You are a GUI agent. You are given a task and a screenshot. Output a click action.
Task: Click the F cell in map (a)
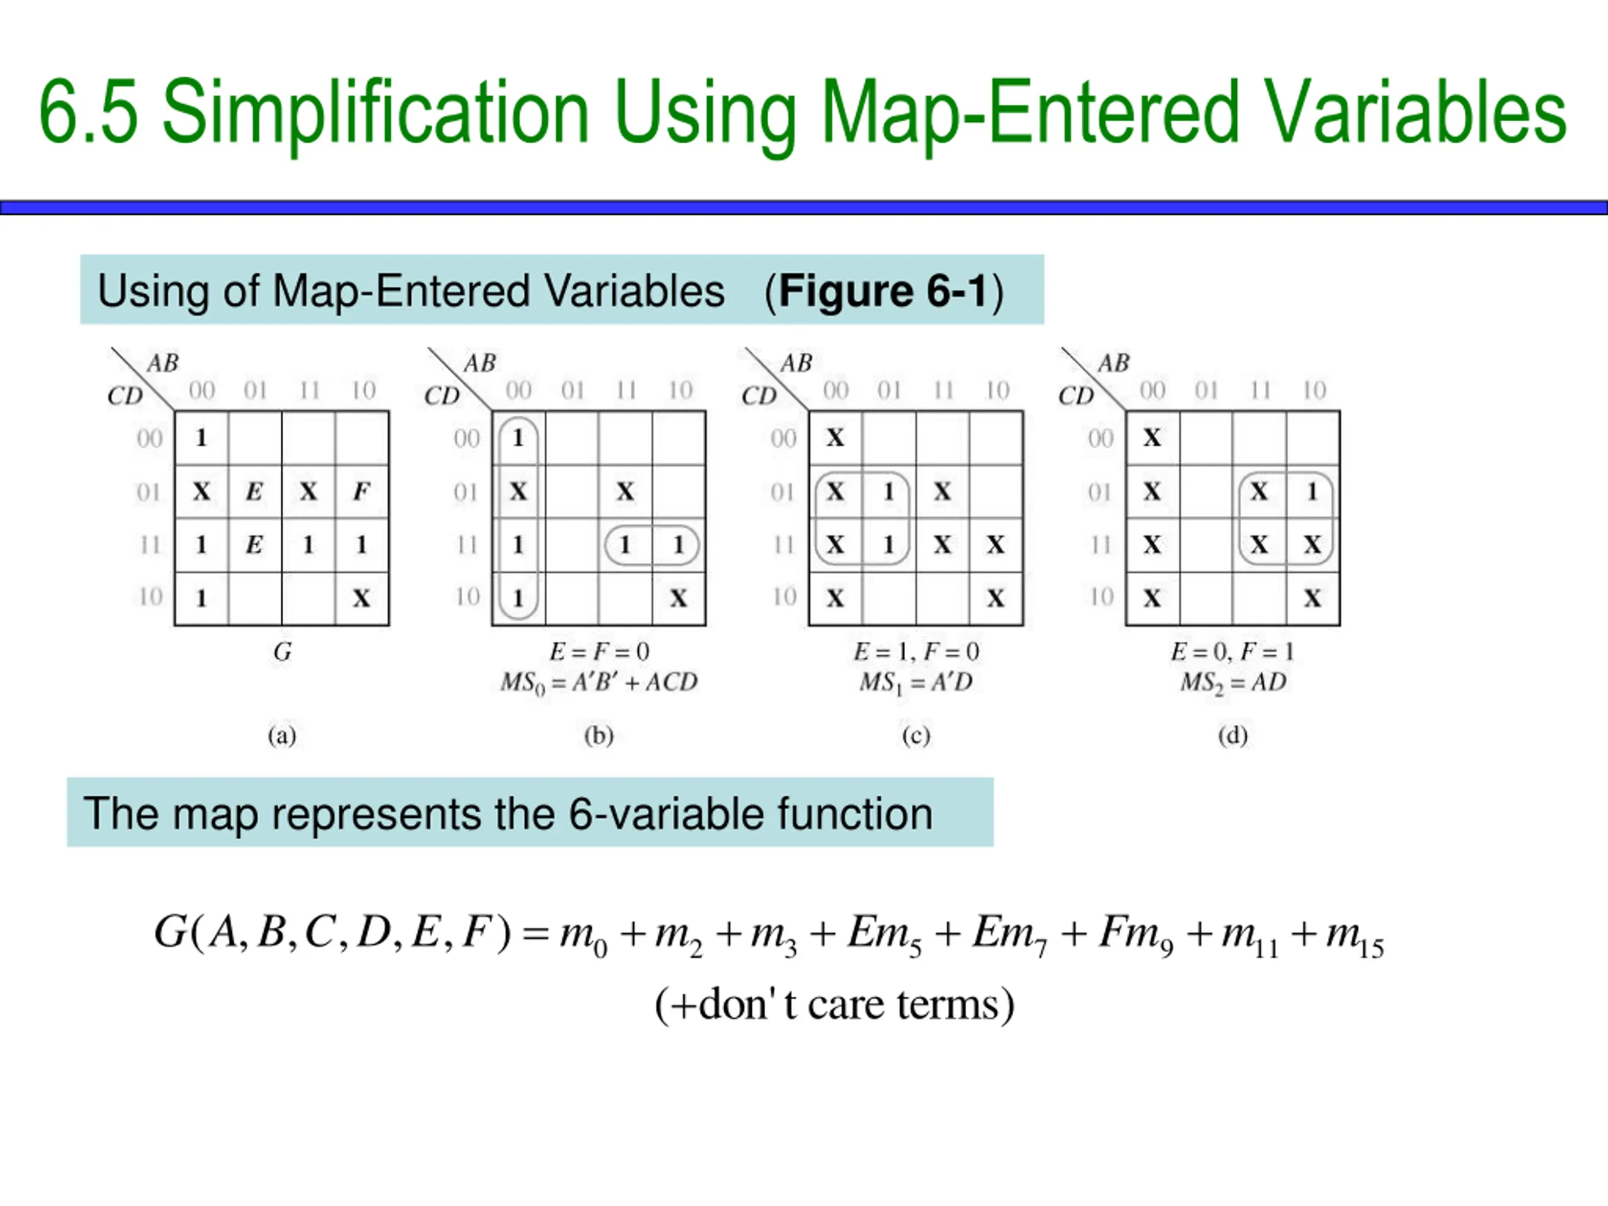pos(361,492)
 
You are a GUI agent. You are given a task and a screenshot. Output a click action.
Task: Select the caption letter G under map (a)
pos(282,651)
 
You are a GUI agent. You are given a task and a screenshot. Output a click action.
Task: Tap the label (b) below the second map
pos(599,736)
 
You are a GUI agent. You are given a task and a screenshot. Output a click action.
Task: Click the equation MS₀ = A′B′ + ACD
pos(599,683)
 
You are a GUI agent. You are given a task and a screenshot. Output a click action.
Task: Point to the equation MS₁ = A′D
pos(916,683)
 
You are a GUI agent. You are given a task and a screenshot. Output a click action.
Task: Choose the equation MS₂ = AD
pos(1233,683)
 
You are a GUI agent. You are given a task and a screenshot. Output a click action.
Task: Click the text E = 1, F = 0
pos(916,651)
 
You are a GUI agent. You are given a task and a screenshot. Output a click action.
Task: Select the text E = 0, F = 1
pos(1233,651)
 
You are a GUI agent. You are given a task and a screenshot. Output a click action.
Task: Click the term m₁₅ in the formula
pos(1354,937)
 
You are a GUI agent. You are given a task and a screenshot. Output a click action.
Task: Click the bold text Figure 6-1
pos(883,291)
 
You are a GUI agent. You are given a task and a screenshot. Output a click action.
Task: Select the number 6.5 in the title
pos(89,112)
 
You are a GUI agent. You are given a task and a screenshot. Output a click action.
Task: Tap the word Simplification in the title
pos(374,112)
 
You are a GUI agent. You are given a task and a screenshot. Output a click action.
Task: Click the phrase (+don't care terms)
pos(835,1006)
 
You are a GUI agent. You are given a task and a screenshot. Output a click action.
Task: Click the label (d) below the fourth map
pos(1233,736)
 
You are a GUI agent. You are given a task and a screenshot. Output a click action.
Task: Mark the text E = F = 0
pos(599,651)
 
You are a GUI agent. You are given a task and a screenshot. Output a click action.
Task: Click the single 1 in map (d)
pos(1312,492)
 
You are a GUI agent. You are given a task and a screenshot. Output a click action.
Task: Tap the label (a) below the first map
pos(282,736)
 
